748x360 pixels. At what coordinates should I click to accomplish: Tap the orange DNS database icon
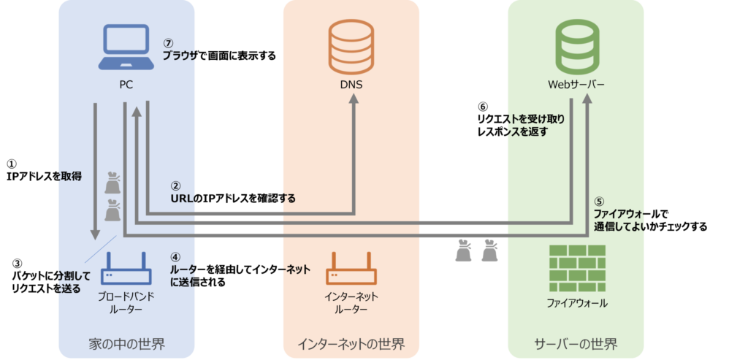[x=351, y=45]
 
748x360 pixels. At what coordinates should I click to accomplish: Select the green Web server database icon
[x=576, y=45]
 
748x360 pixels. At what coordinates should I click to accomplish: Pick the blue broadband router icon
[x=127, y=269]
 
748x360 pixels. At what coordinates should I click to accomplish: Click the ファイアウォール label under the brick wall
[x=577, y=302]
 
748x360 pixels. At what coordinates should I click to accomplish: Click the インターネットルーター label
[x=351, y=303]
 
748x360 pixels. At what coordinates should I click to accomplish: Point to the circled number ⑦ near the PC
[x=167, y=43]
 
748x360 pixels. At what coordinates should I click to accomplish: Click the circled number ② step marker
[x=175, y=186]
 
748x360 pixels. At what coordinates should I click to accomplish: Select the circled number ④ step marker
[x=175, y=257]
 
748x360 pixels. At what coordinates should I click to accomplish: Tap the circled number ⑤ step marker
[x=599, y=202]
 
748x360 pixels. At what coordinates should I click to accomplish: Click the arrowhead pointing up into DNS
[x=353, y=104]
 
